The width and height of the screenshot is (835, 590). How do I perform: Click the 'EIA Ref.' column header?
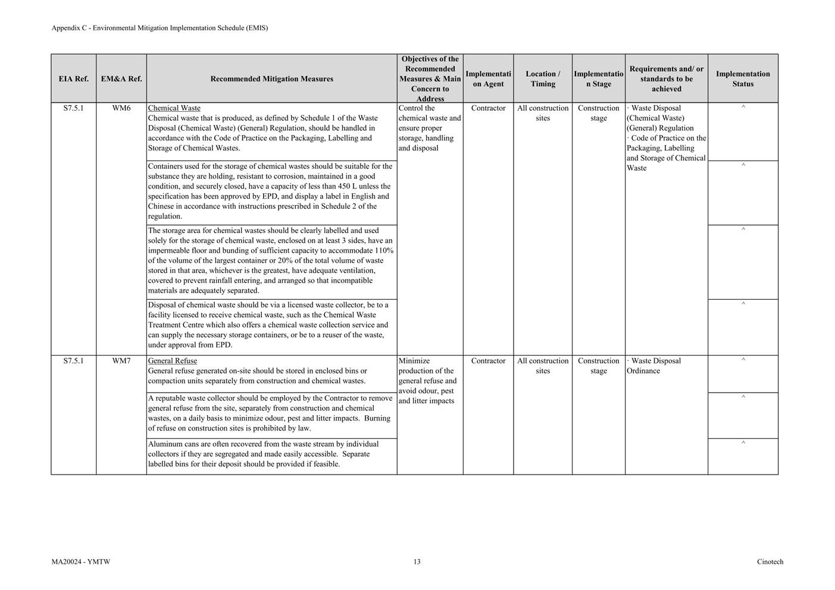tap(73, 79)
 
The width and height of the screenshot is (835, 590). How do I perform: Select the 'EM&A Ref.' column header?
tap(121, 79)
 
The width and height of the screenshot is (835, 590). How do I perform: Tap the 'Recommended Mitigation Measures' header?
tap(271, 79)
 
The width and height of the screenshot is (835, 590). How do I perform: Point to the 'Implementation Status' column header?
tap(743, 79)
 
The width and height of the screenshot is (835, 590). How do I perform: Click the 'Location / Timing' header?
tap(543, 79)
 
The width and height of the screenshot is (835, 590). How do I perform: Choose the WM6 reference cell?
tap(121, 108)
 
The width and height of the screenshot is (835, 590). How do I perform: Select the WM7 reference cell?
tap(121, 361)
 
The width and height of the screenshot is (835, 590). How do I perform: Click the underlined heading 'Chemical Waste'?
tap(174, 108)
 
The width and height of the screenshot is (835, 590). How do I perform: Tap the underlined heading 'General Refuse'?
tap(173, 361)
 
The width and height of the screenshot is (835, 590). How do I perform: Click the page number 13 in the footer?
tap(417, 561)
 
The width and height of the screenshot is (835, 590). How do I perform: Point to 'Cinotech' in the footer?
tap(770, 561)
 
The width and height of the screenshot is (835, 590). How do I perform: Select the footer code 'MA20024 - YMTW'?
tap(81, 561)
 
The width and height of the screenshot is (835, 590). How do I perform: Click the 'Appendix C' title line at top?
tap(160, 28)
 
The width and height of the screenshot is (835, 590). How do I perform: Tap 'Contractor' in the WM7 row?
tap(488, 361)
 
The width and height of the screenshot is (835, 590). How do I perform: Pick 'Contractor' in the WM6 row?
tap(488, 108)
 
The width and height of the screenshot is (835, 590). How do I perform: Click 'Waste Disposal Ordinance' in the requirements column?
tap(654, 366)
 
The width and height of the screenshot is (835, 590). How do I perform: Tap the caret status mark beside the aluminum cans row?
tap(743, 443)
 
